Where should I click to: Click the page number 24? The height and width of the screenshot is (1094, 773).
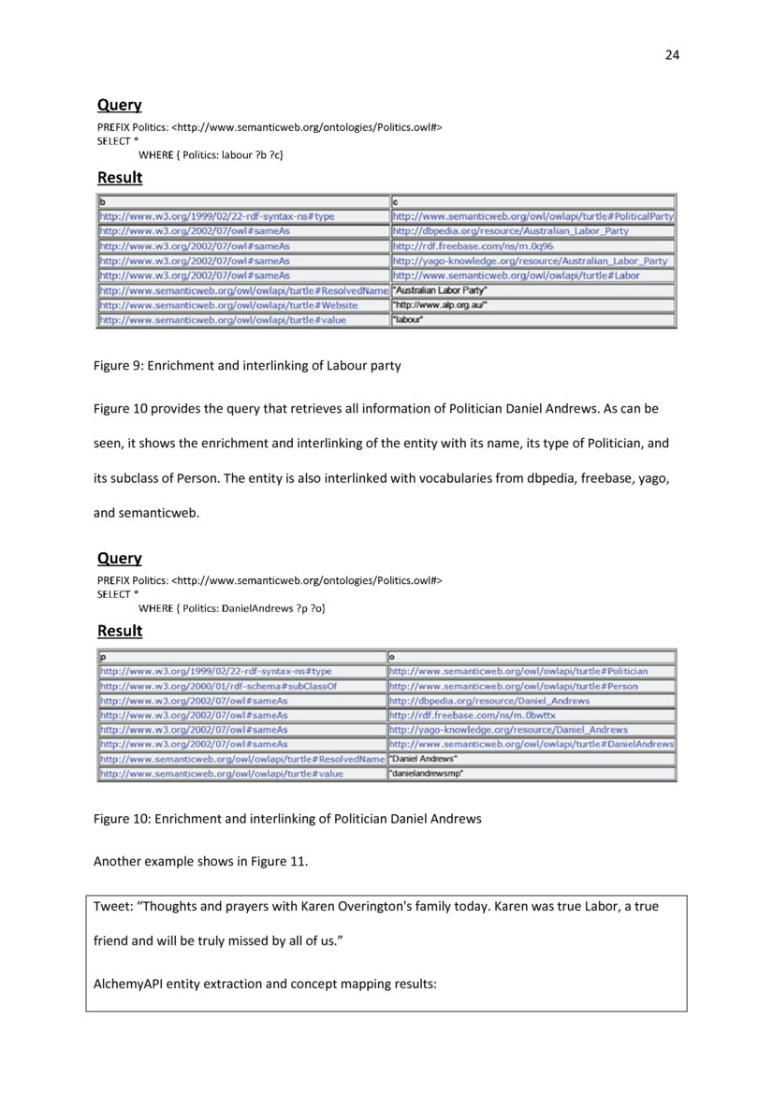(671, 54)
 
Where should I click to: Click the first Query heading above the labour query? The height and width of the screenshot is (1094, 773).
(120, 106)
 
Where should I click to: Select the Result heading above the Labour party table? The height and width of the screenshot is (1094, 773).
(120, 178)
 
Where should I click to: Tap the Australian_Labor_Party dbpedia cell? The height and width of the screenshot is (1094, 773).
(511, 231)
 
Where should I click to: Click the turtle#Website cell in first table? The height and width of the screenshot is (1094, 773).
(228, 305)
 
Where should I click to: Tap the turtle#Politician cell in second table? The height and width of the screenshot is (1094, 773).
(518, 671)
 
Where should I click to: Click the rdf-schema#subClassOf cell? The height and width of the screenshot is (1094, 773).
(218, 686)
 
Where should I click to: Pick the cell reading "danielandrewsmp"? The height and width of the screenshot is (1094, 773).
(427, 774)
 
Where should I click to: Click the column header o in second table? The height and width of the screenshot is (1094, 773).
(393, 657)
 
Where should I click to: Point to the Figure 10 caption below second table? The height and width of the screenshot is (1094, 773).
(287, 819)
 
